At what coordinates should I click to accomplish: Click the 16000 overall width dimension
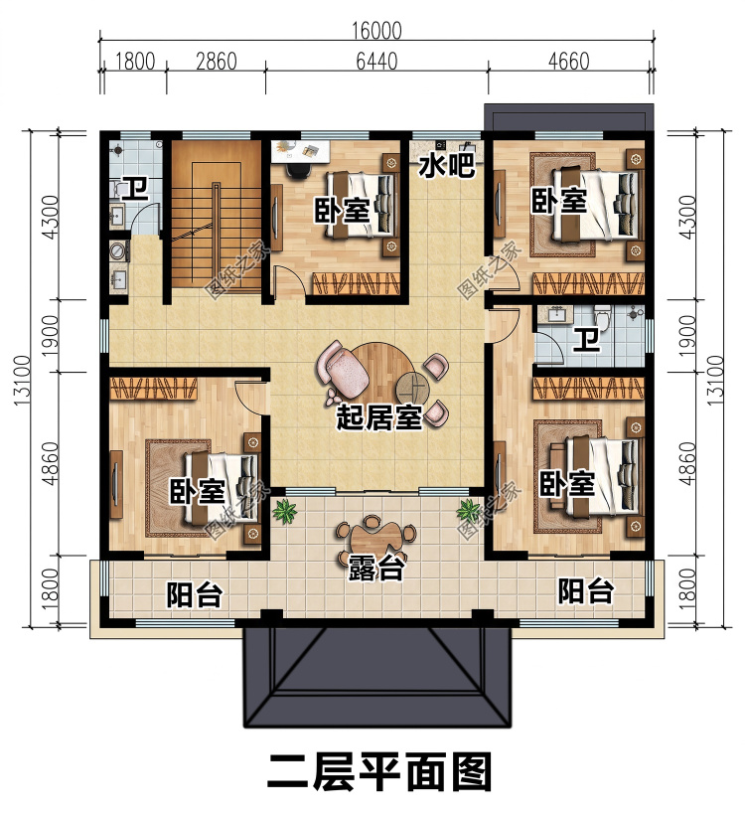coord(376,31)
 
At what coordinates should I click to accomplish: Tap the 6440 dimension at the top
coord(376,62)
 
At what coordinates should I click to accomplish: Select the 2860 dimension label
coord(217,62)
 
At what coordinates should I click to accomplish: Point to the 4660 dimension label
coord(568,62)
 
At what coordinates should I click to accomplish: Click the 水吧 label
coord(447,165)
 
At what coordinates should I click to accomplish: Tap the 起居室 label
coord(379,417)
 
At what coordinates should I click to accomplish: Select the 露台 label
coord(375,568)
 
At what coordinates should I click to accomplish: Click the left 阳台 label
coord(195,595)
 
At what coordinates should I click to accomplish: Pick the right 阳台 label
coord(585,591)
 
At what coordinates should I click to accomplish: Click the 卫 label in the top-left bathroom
coord(135,190)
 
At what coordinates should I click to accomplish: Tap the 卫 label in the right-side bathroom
coord(587,341)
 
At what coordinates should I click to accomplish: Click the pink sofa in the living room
coord(342,368)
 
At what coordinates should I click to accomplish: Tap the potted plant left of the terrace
coord(284,512)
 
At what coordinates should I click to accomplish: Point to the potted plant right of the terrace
coord(468,512)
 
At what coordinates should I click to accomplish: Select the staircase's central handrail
coord(216,235)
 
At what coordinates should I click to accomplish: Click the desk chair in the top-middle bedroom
coord(296,170)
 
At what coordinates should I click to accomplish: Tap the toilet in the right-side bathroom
coord(603,318)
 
